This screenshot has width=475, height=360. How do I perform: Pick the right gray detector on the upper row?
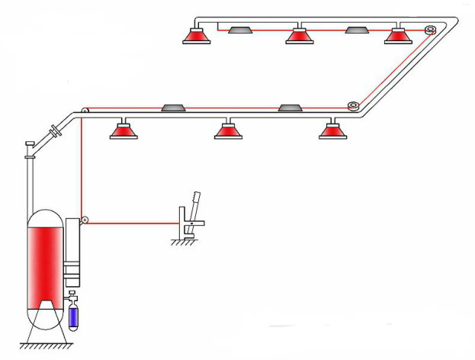[x=358, y=30]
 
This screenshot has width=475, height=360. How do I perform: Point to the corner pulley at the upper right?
[x=430, y=31]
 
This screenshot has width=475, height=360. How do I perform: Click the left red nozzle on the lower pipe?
[x=123, y=130]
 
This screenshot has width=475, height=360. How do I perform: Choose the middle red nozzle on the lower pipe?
[x=228, y=130]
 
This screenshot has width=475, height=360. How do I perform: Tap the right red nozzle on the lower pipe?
[x=332, y=130]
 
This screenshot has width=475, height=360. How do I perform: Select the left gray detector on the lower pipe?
[x=172, y=108]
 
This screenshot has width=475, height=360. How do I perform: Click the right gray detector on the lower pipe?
[x=290, y=108]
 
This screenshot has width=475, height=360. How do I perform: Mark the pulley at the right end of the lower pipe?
[x=353, y=106]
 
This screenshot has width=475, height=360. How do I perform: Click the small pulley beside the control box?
[x=86, y=221]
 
